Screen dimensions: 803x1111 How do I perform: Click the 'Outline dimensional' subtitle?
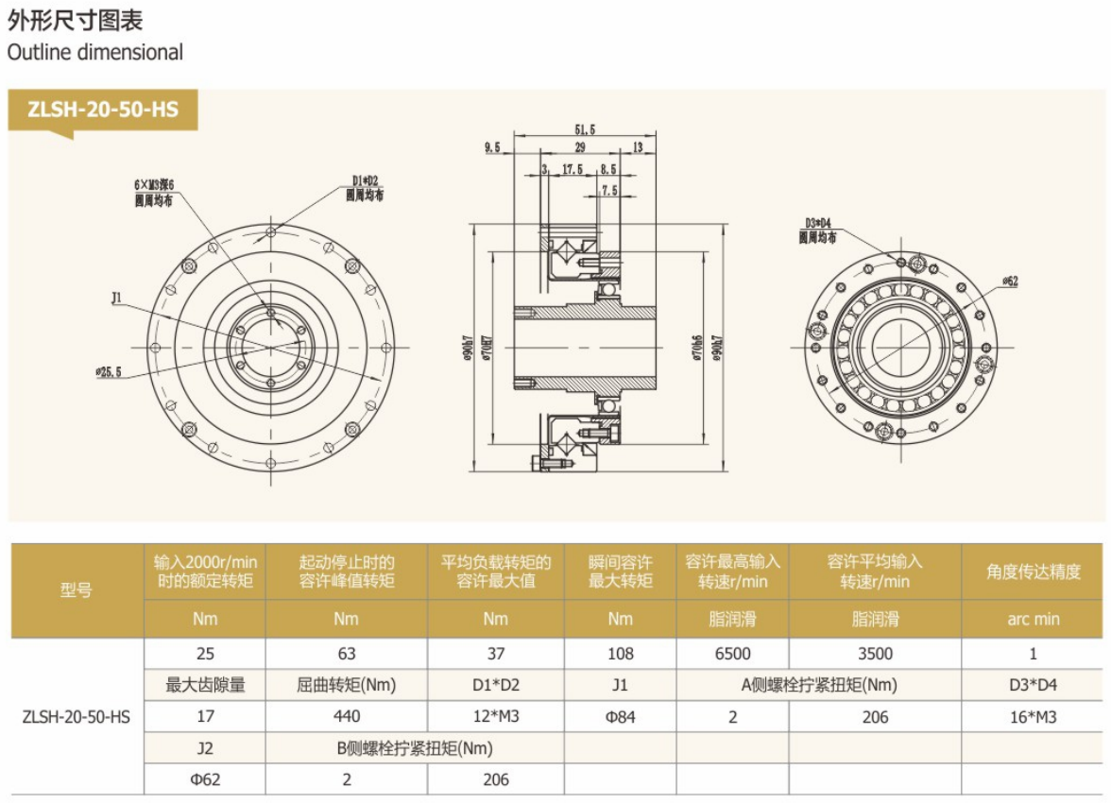pos(94,53)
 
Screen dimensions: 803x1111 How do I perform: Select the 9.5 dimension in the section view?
pos(491,148)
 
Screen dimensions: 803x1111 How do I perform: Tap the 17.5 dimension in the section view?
pos(573,169)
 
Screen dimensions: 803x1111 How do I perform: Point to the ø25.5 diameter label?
pos(109,371)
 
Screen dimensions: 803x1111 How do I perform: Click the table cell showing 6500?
pos(733,653)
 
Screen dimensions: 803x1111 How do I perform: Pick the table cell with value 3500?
pos(875,653)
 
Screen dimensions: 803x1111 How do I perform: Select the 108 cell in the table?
pos(621,653)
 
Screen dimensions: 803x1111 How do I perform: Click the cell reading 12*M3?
pos(495,716)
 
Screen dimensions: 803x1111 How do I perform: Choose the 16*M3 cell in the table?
pos(1033,716)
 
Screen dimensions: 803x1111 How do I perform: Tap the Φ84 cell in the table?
pos(621,716)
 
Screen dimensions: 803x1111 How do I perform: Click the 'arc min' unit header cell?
pos(1033,619)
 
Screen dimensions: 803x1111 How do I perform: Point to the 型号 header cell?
pos(77,591)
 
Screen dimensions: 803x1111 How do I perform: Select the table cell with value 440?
pos(346,716)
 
